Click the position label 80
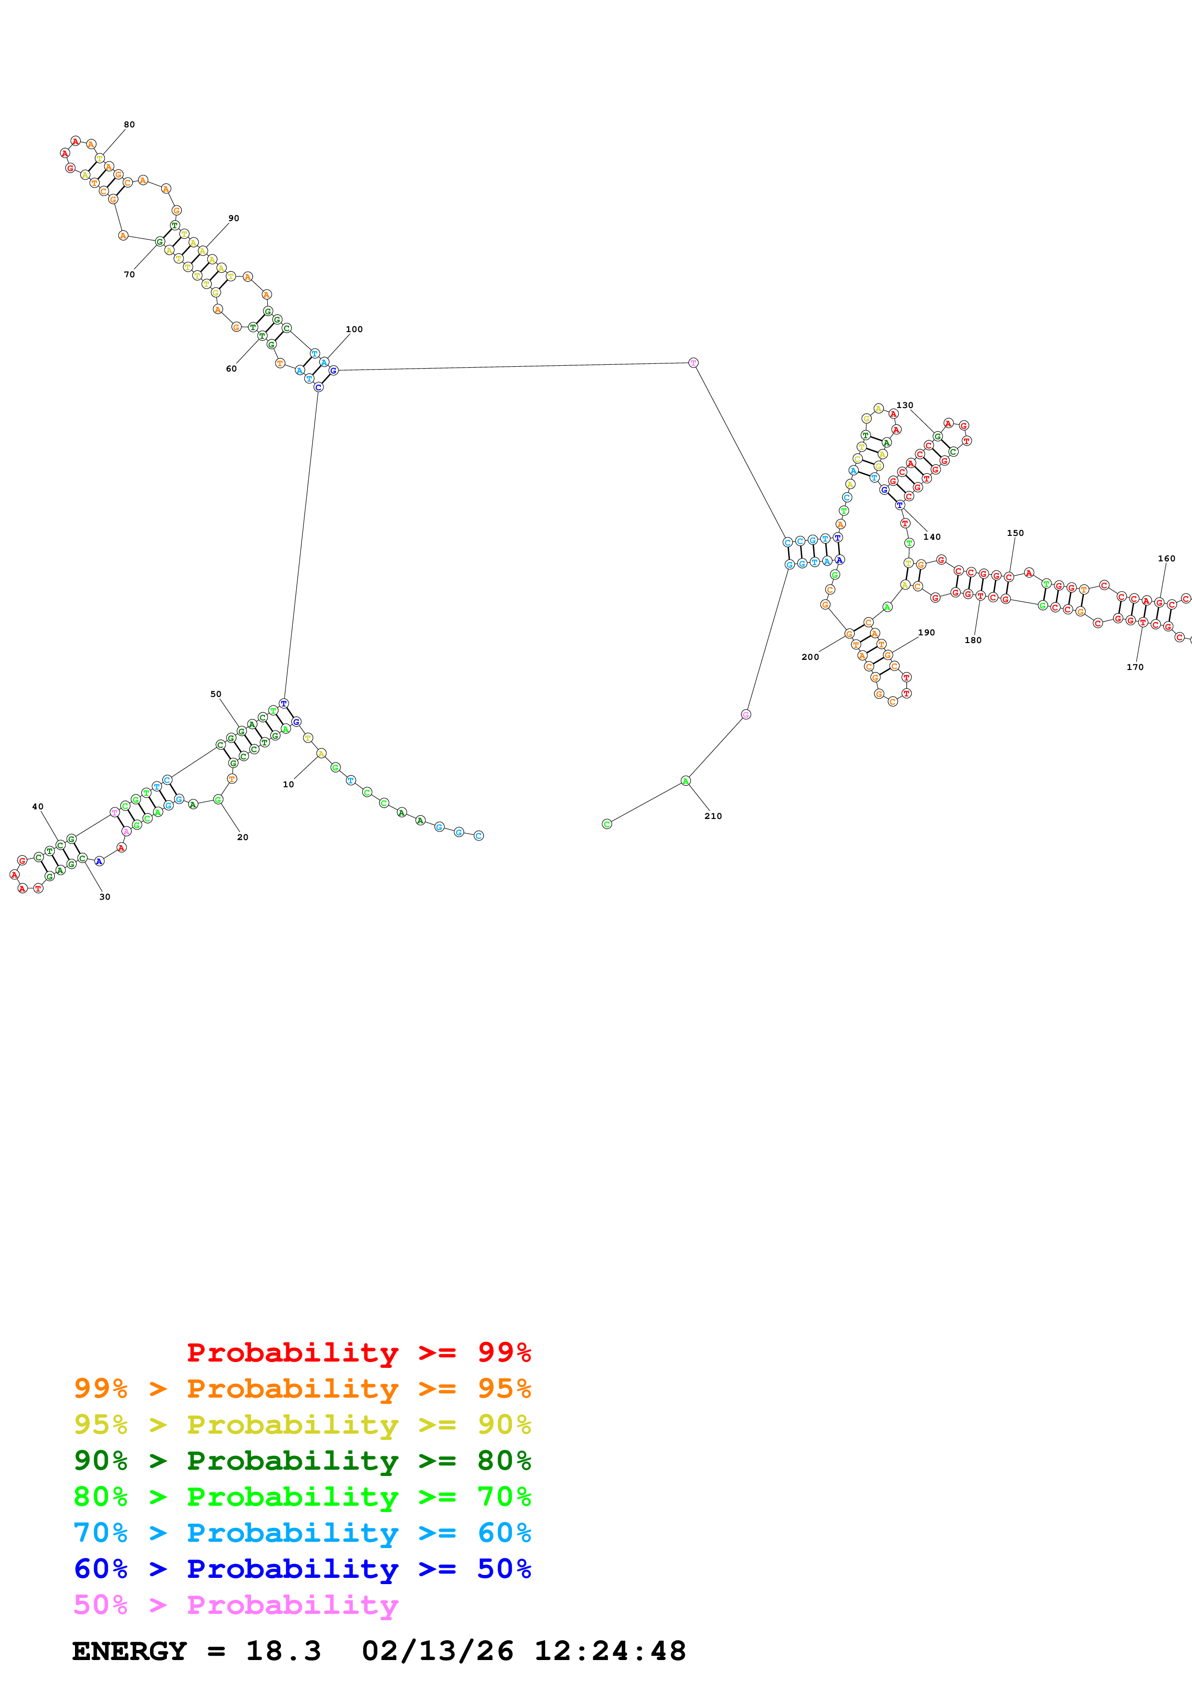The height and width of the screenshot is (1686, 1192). coord(129,125)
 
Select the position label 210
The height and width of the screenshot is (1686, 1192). coord(713,816)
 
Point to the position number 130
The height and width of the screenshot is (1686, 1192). coord(905,405)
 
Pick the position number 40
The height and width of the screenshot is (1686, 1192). coord(38,807)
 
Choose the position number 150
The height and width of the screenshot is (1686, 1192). coord(1015,533)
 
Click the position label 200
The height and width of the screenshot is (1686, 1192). coord(810,657)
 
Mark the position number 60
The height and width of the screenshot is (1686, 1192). coord(231,369)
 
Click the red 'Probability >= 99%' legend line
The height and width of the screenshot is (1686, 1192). coord(358,1352)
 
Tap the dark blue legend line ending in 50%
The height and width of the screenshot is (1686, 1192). coord(302,1569)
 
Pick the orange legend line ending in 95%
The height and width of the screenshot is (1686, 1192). coord(302,1388)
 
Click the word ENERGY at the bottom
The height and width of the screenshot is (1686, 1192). coord(129,1651)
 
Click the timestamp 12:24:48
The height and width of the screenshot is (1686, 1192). coord(610,1651)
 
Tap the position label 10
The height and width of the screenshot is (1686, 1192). coord(289,784)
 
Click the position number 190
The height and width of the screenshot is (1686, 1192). coord(926,632)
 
